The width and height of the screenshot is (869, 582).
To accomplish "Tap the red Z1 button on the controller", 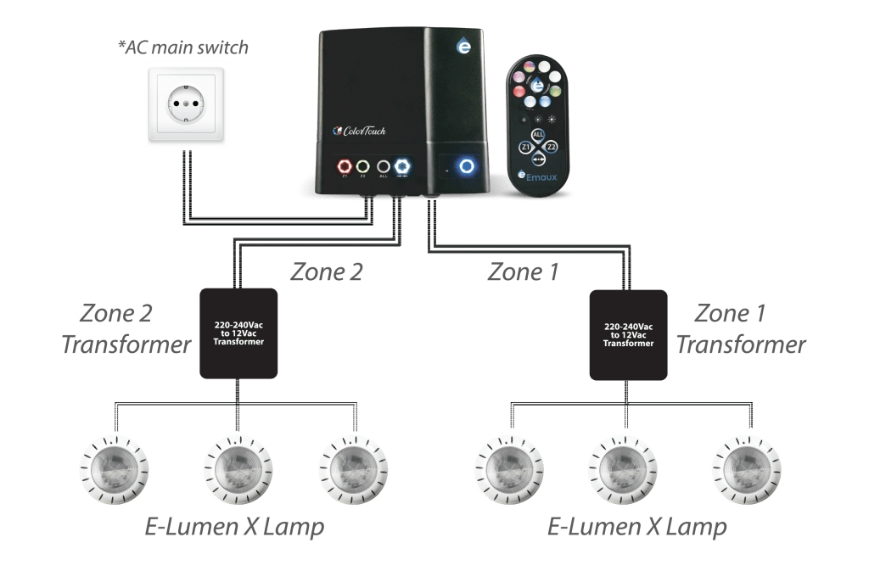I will pyautogui.click(x=345, y=165).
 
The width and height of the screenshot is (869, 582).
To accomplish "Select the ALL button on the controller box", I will pyautogui.click(x=383, y=166).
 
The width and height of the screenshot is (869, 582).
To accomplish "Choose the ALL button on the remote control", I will pyautogui.click(x=538, y=134).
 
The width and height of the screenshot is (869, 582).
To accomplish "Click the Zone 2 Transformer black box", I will pyautogui.click(x=238, y=333).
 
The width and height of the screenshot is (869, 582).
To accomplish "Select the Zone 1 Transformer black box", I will pyautogui.click(x=628, y=333).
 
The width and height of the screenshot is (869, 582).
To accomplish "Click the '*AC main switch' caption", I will pyautogui.click(x=182, y=47).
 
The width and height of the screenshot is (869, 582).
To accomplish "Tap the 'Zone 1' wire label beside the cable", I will pyautogui.click(x=526, y=272).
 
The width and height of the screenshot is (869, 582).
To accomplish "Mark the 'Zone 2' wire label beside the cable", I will pyautogui.click(x=327, y=272).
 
